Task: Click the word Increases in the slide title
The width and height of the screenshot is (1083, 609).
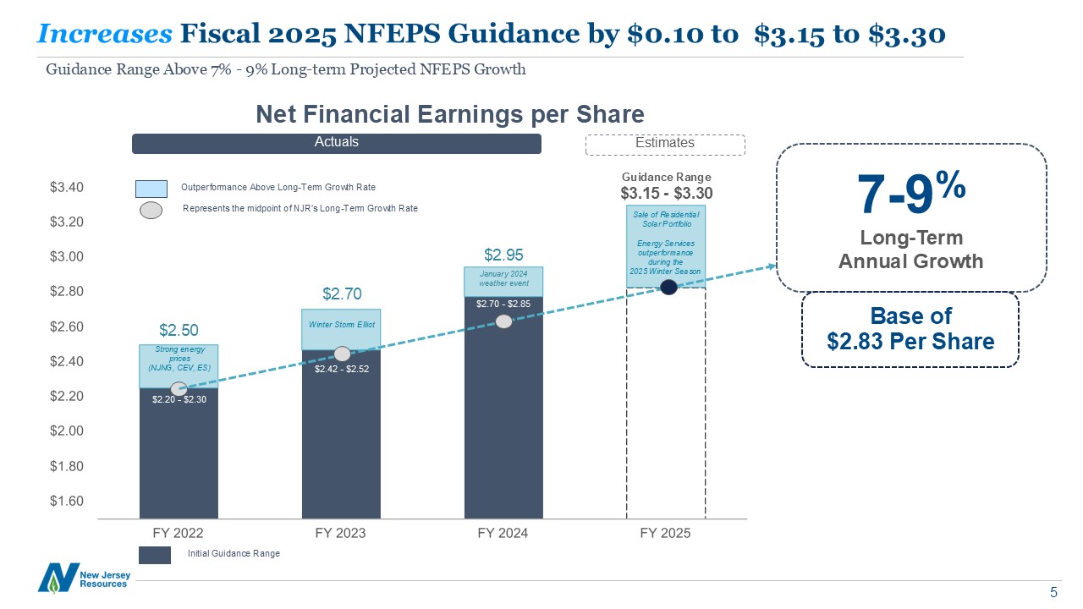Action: point(105,33)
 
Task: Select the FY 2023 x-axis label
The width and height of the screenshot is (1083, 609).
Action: point(340,534)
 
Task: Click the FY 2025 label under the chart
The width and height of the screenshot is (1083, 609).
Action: point(665,534)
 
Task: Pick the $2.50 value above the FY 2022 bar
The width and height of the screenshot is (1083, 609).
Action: point(179,329)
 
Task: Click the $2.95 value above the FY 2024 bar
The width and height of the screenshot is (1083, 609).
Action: point(503,255)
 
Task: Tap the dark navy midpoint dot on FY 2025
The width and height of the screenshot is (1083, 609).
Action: point(668,287)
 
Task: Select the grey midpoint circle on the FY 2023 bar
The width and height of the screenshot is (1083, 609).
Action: point(342,354)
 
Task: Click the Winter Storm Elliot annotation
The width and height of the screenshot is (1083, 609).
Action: point(341,325)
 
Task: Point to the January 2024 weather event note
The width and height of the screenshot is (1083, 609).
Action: point(503,278)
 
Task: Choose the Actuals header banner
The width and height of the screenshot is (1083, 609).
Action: point(336,143)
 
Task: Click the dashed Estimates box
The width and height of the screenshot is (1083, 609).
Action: point(665,144)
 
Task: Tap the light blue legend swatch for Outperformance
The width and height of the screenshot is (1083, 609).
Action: point(151,187)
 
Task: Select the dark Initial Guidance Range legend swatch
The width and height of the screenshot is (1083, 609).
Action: point(155,554)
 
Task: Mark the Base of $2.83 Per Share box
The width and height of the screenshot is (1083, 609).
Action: point(910,329)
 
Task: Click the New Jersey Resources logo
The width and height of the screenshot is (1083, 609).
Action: point(83,578)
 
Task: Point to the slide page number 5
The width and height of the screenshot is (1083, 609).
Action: point(1053,591)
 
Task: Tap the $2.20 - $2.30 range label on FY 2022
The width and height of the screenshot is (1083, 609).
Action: point(179,399)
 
